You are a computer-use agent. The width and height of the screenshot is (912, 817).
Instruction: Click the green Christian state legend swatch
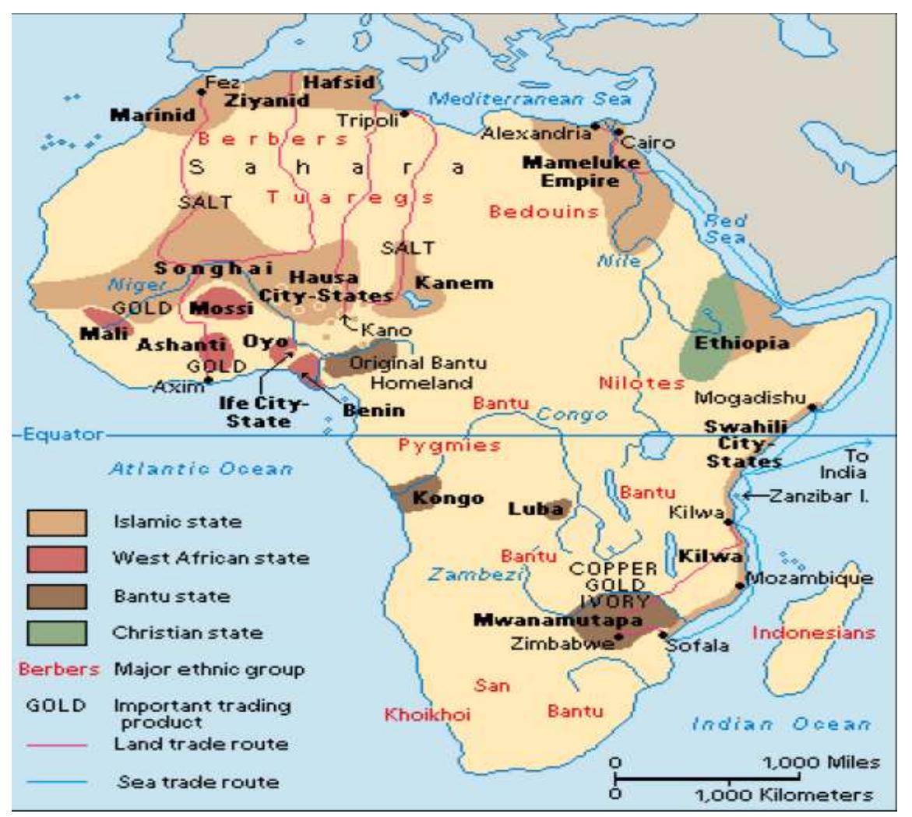click(57, 632)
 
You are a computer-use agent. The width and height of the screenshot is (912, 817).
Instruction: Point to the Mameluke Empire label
click(581, 172)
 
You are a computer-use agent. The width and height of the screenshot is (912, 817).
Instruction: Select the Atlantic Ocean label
click(200, 470)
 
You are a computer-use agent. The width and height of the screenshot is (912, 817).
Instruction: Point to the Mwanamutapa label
click(558, 621)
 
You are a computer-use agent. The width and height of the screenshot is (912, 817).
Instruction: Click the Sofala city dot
click(662, 634)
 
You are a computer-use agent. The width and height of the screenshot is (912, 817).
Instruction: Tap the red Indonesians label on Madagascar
click(812, 632)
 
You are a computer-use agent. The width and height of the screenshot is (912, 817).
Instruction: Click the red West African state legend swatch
click(57, 558)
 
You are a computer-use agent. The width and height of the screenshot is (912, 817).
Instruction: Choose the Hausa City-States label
click(326, 287)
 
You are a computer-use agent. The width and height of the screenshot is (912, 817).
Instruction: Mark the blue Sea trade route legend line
click(57, 781)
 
